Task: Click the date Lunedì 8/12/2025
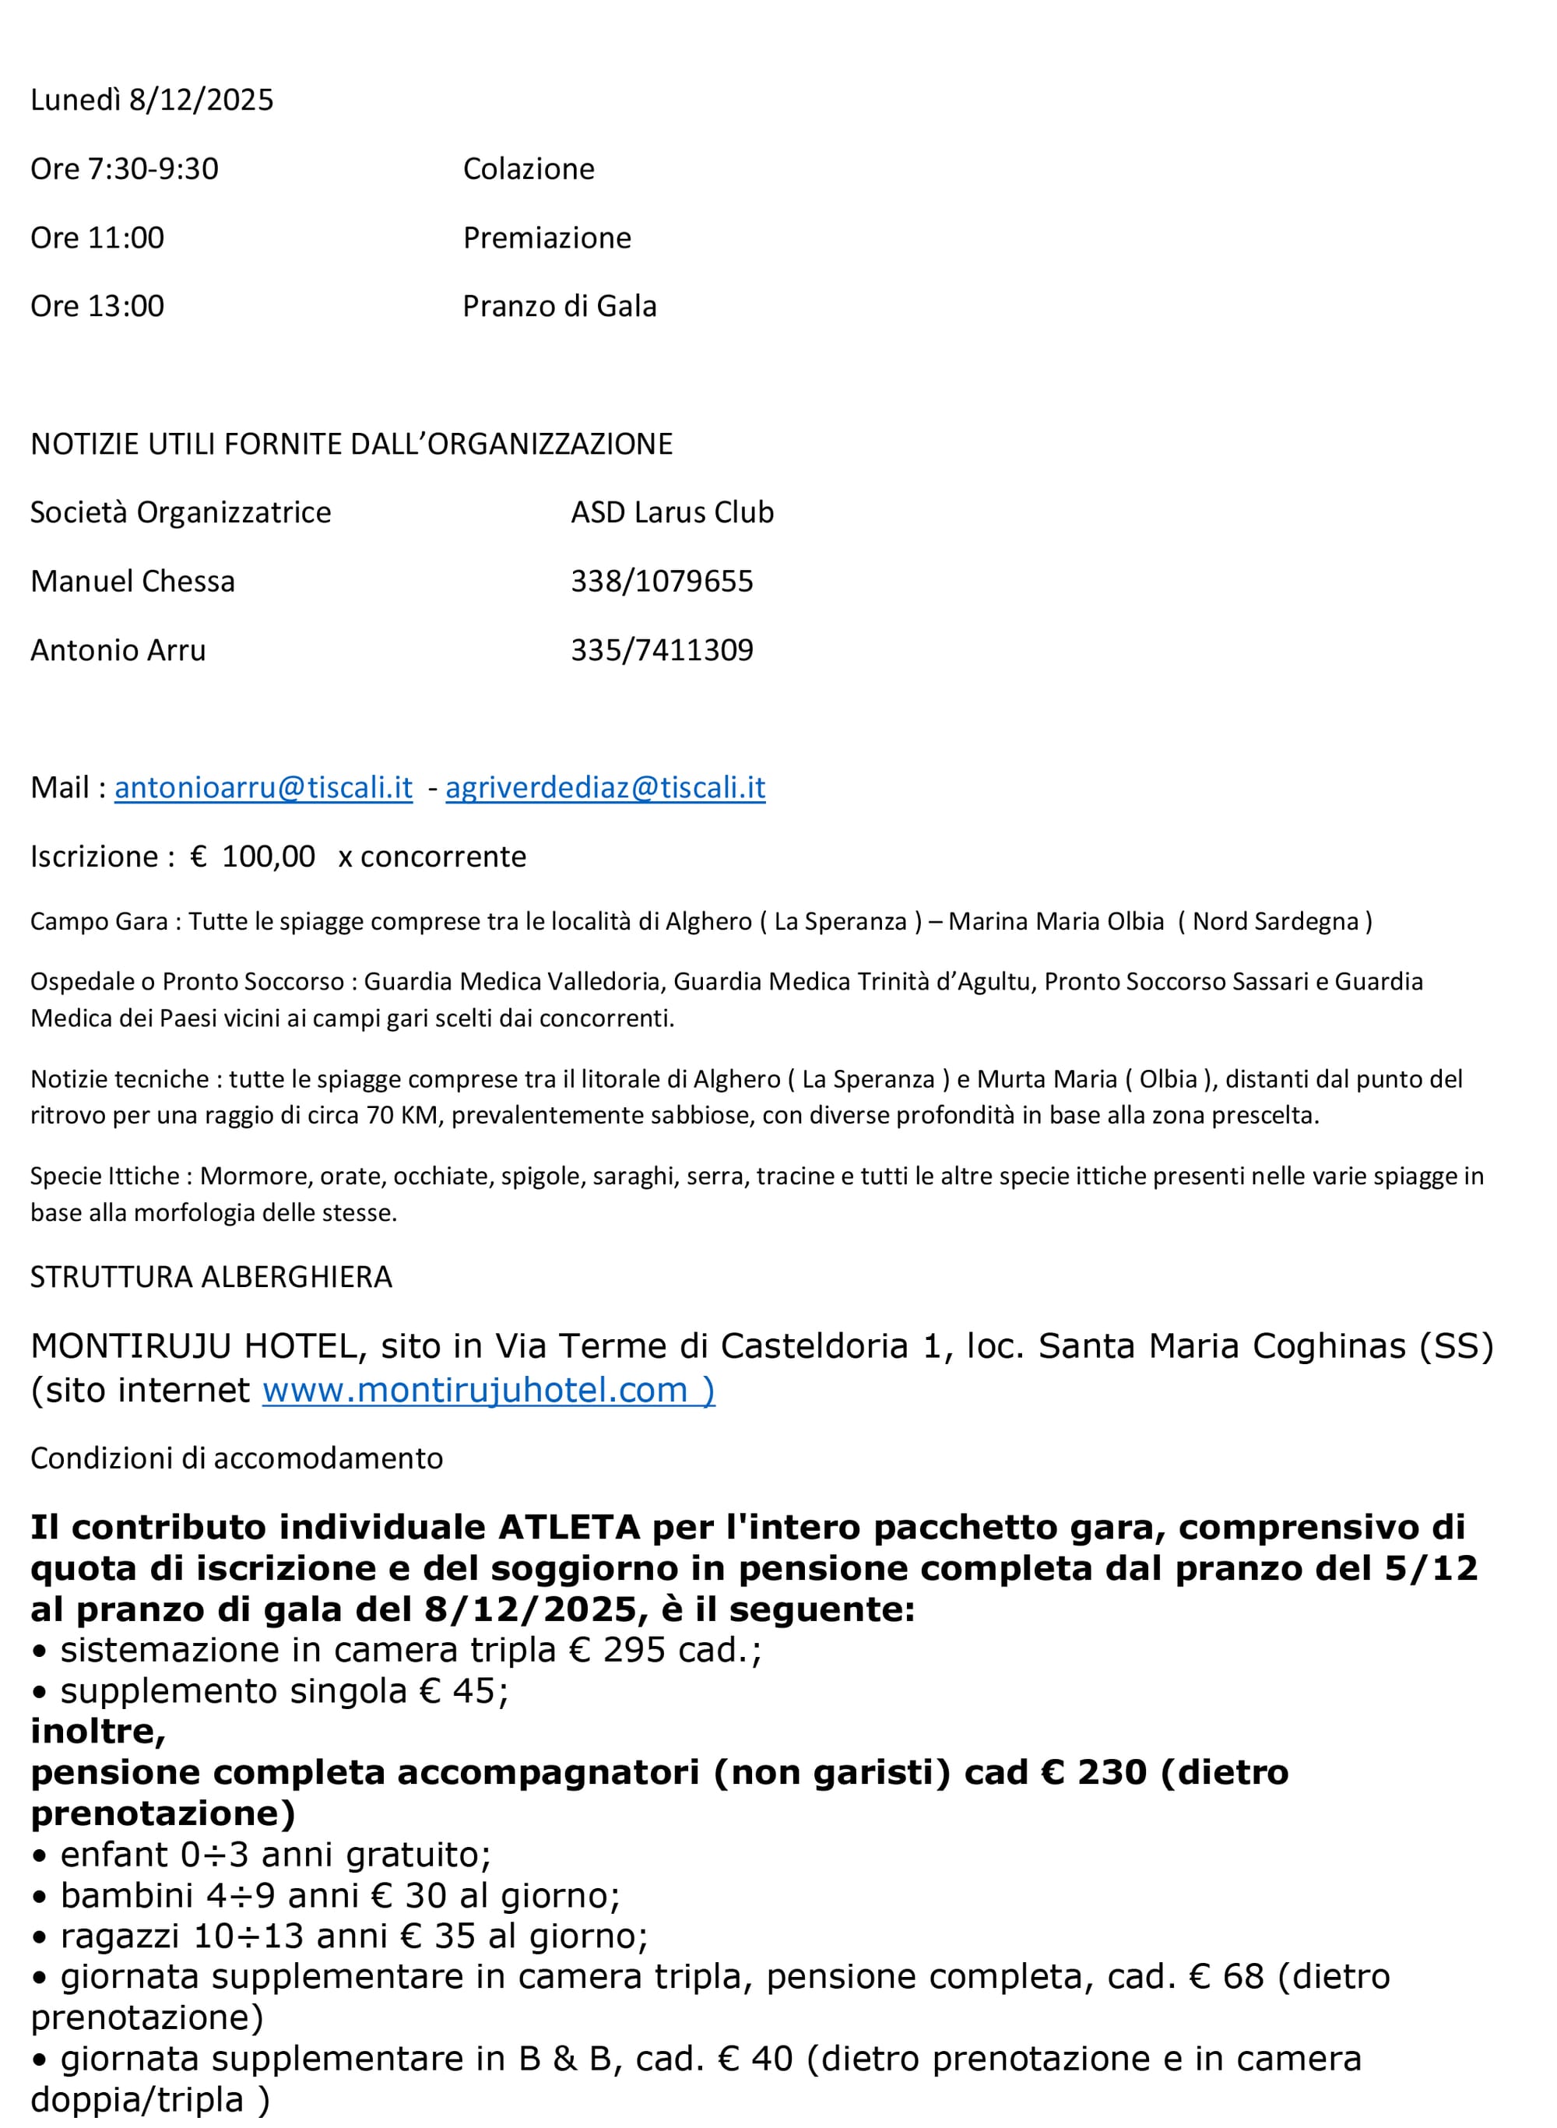click(x=152, y=100)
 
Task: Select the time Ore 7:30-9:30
click(x=125, y=169)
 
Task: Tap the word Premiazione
click(x=547, y=237)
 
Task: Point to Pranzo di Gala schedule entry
click(x=559, y=306)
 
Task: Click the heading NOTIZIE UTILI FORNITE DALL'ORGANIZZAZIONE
click(x=352, y=444)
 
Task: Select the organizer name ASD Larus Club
click(x=672, y=512)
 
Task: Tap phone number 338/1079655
click(x=662, y=582)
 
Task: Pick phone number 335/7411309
click(x=662, y=650)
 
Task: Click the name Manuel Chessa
click(x=132, y=582)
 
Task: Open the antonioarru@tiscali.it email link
click(x=263, y=788)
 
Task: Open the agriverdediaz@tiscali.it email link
click(x=605, y=788)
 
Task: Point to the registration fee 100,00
click(x=268, y=856)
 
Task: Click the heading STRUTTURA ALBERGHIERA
click(x=211, y=1277)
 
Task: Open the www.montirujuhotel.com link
click(x=475, y=1390)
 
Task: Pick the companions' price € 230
click(x=1093, y=1773)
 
